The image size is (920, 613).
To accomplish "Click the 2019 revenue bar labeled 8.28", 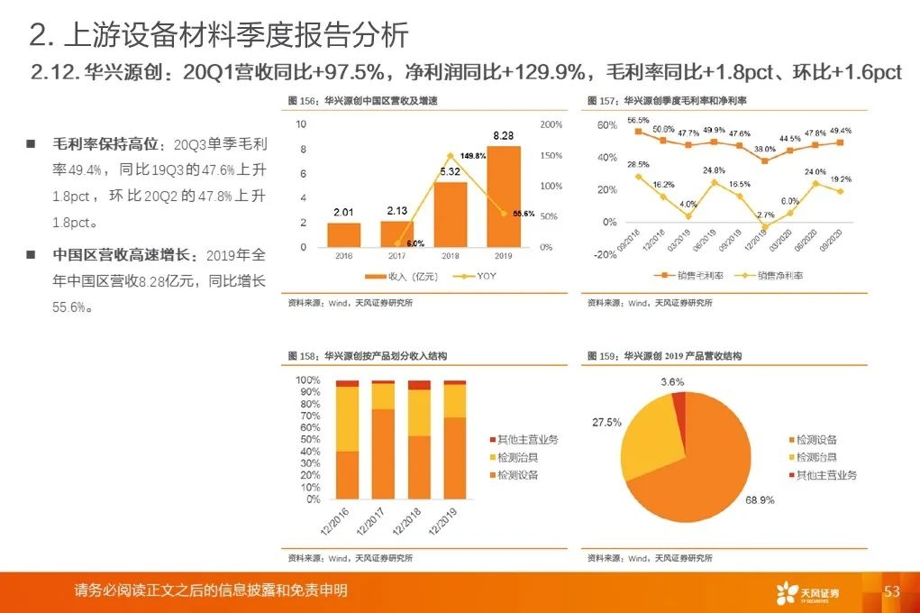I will [x=503, y=197].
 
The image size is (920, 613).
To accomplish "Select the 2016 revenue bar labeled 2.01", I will [x=343, y=234].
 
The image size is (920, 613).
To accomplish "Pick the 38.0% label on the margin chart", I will [x=765, y=149].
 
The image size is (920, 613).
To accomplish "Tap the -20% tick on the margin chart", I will [x=606, y=254].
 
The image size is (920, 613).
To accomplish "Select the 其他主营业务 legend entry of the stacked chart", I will [x=528, y=440].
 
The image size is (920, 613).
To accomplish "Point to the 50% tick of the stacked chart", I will [x=307, y=439].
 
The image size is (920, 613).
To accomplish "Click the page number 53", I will [x=892, y=591].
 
